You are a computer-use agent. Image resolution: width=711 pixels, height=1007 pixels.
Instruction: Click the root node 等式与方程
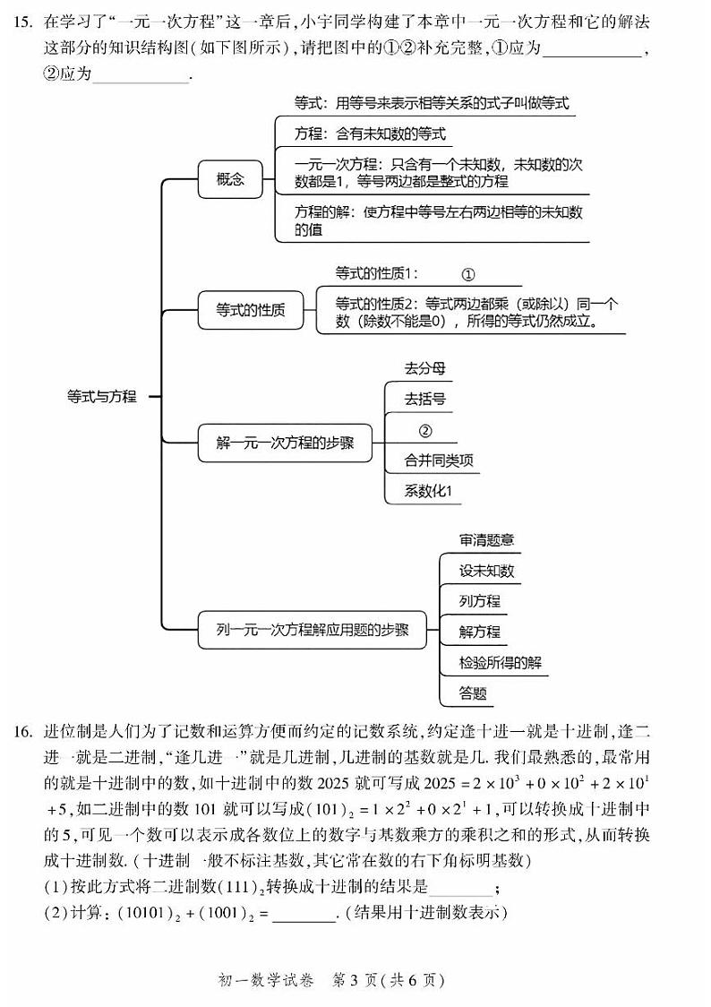(102, 395)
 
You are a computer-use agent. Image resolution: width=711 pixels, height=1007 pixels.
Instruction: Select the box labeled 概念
(229, 179)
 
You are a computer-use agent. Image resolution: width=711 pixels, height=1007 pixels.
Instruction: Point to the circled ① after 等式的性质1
(467, 274)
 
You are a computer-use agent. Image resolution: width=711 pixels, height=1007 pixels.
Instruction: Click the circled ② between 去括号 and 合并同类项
(425, 431)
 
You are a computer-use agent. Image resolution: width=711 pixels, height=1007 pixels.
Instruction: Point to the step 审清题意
(486, 540)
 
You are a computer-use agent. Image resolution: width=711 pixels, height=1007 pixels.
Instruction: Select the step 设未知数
(486, 571)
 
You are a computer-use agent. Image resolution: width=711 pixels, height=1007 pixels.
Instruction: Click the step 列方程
(479, 601)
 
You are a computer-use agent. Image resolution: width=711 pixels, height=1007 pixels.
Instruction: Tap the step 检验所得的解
(500, 662)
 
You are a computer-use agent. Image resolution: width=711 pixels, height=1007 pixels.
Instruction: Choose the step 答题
(473, 693)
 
